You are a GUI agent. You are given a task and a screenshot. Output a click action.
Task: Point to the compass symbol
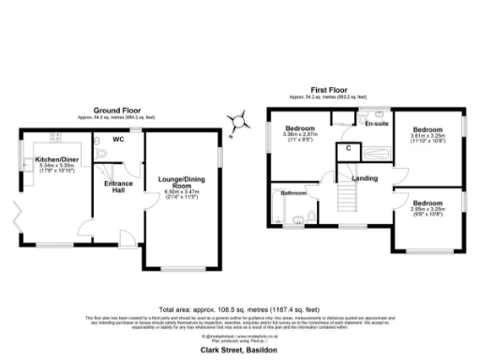tap(240, 118)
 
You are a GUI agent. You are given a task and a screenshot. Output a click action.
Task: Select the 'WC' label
tap(119, 140)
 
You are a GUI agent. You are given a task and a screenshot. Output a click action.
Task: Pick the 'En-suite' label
tap(377, 124)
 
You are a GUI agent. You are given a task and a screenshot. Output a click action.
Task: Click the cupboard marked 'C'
tap(348, 148)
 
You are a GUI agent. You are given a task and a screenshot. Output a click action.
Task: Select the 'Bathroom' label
tap(294, 193)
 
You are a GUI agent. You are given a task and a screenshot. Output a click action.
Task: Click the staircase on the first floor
tap(348, 199)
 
